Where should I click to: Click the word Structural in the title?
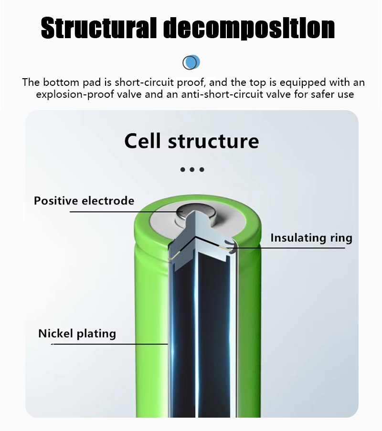click(99, 28)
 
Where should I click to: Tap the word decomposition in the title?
click(249, 28)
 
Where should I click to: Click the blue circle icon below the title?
click(191, 62)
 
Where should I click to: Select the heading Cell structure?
click(191, 141)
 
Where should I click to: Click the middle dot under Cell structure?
click(192, 170)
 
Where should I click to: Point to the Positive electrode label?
click(84, 201)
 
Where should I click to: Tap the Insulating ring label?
click(311, 238)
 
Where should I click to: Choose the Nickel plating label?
click(77, 334)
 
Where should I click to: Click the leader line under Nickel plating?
click(109, 344)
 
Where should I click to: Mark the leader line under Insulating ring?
click(286, 248)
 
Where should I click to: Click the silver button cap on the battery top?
click(196, 215)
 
